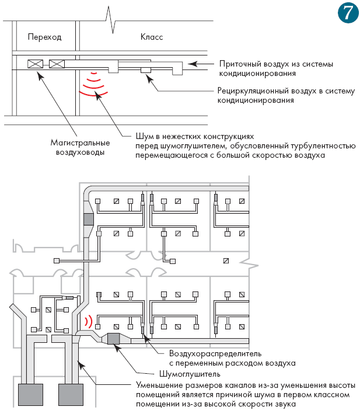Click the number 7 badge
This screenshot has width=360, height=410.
[348, 12]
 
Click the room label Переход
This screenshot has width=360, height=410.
[45, 37]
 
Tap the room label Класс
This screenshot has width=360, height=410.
[152, 37]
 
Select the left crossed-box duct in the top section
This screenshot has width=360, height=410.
[35, 64]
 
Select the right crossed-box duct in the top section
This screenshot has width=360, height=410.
[57, 64]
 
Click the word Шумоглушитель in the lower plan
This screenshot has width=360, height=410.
[190, 374]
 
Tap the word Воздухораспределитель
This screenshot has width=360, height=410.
[215, 353]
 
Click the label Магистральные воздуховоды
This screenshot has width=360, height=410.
[80, 148]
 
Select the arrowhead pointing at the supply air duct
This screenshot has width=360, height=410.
[193, 64]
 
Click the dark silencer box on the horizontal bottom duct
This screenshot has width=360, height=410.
[113, 339]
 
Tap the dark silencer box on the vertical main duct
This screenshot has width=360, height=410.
[88, 219]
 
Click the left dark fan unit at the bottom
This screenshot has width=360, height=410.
[30, 395]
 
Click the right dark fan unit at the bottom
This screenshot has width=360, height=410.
[71, 395]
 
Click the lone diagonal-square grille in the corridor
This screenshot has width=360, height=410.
[226, 260]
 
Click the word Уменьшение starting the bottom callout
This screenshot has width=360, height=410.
[160, 385]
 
